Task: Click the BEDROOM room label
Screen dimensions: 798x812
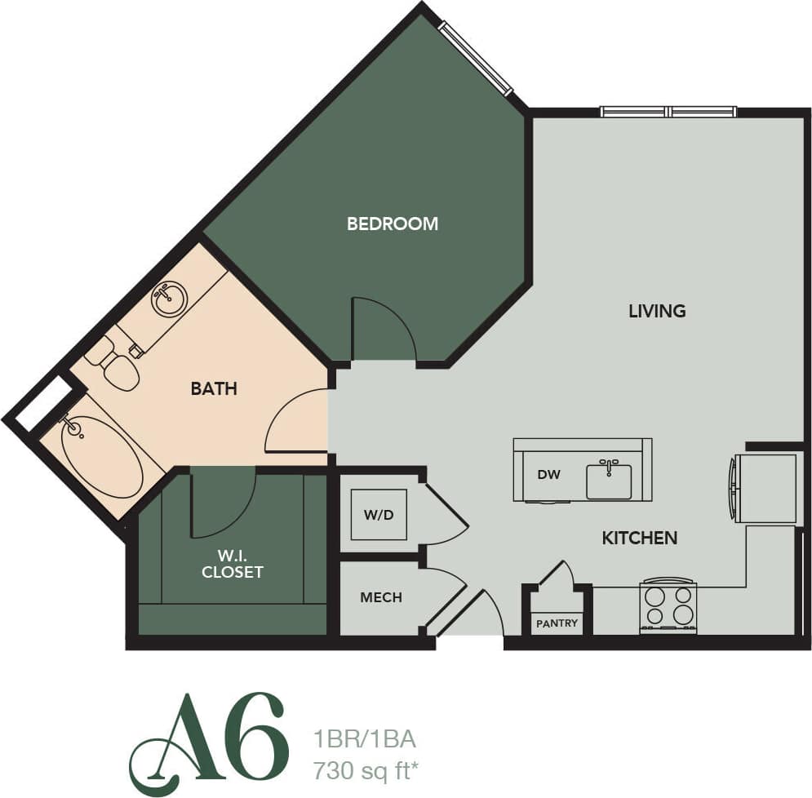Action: pyautogui.click(x=393, y=224)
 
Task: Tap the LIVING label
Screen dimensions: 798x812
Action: pyautogui.click(x=657, y=311)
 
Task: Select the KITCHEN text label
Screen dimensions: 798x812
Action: pyautogui.click(x=640, y=538)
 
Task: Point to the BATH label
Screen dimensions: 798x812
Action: pyautogui.click(x=214, y=389)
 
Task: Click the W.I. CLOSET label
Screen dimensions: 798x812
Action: pyautogui.click(x=233, y=564)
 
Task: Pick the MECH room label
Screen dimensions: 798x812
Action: pyautogui.click(x=381, y=597)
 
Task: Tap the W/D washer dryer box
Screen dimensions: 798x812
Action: pyautogui.click(x=379, y=516)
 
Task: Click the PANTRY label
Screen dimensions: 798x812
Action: pyautogui.click(x=557, y=623)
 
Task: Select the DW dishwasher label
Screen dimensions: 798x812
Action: pyautogui.click(x=549, y=475)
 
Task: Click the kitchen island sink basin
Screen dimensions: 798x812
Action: pyautogui.click(x=609, y=481)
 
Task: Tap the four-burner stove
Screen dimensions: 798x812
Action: pyautogui.click(x=668, y=606)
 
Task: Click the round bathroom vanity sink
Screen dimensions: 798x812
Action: pyautogui.click(x=170, y=299)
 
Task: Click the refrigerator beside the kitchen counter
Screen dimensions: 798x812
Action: pyautogui.click(x=765, y=488)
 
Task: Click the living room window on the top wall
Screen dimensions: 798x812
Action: pyautogui.click(x=668, y=112)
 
